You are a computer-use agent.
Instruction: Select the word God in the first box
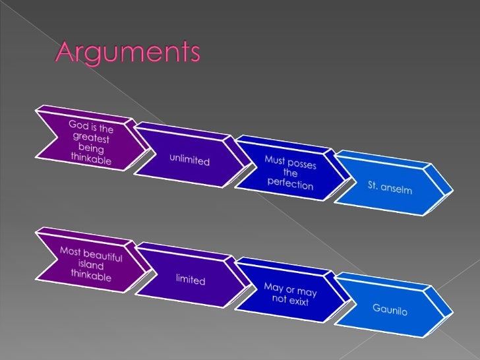pyautogui.click(x=77, y=123)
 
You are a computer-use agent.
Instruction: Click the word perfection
pyautogui.click(x=290, y=183)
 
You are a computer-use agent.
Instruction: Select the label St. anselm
pyautogui.click(x=390, y=188)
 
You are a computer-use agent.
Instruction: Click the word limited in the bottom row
pyautogui.click(x=190, y=280)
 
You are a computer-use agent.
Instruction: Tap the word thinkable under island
pyautogui.click(x=90, y=276)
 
